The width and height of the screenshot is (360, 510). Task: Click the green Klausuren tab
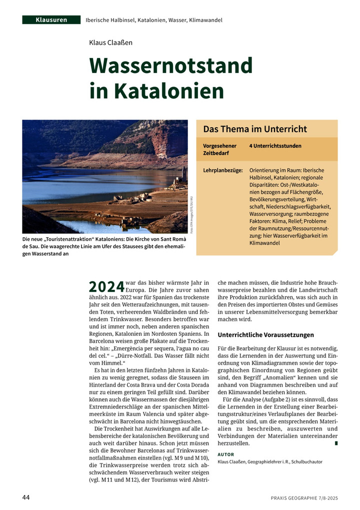(51, 20)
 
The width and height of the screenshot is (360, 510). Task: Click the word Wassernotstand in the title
(170, 66)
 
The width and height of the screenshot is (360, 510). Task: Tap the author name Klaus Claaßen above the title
(110, 43)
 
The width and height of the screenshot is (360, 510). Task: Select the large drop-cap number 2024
(106, 286)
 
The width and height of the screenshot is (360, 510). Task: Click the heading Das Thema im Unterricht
(254, 129)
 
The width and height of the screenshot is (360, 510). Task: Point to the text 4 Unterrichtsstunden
(275, 146)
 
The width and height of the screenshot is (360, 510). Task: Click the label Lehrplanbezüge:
(223, 170)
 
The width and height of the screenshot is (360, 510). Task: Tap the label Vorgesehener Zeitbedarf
(219, 149)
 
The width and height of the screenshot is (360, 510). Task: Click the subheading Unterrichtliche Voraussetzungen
(266, 335)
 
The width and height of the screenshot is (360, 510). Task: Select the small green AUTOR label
(226, 454)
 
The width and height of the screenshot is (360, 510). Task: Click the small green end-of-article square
(336, 443)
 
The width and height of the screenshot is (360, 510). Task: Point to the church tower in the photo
(183, 173)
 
